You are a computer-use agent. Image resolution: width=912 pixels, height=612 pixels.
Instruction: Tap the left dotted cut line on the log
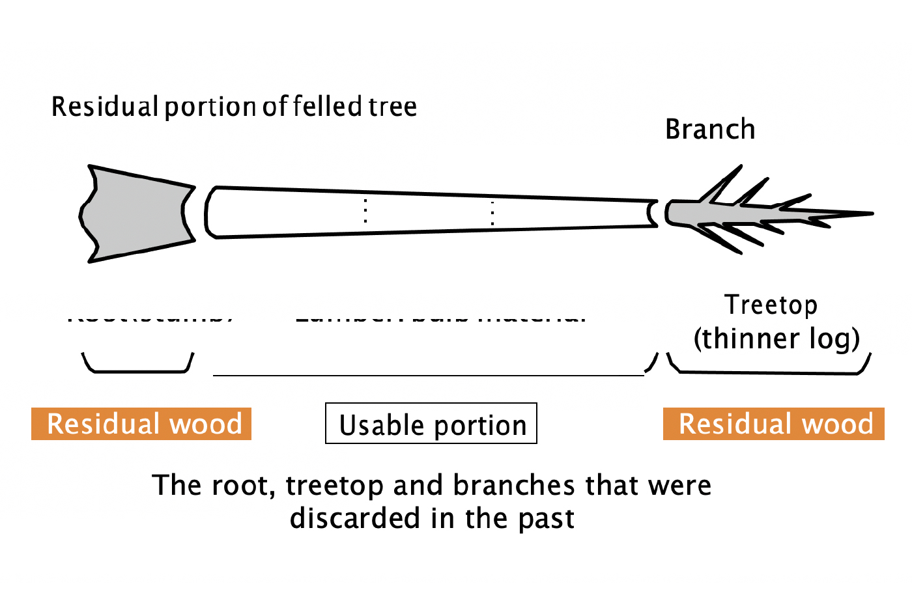(365, 210)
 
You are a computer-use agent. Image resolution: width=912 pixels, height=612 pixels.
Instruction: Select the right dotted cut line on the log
(492, 213)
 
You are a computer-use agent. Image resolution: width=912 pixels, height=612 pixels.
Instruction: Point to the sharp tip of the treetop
(870, 213)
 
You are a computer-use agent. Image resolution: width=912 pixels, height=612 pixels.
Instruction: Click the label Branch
(710, 130)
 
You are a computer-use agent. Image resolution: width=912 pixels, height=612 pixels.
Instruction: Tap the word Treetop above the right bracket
(771, 305)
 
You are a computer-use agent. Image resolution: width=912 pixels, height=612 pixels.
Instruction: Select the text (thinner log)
(777, 339)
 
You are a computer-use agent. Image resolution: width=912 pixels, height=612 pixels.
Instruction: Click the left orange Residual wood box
(141, 424)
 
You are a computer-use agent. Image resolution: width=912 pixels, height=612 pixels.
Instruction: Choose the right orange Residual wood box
(774, 424)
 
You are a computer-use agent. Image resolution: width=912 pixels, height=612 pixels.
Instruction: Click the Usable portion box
(431, 424)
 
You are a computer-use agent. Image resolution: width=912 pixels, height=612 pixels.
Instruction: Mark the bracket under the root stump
(138, 370)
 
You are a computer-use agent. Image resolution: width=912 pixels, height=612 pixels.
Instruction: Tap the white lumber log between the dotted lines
(429, 212)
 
